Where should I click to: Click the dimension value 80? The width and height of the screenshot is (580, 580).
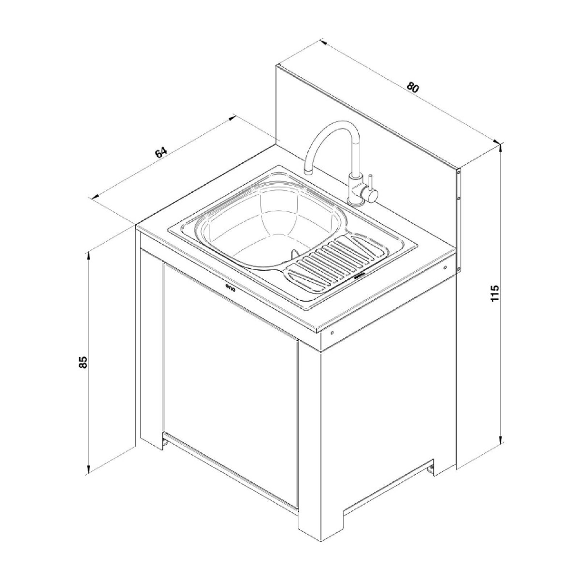tap(412, 87)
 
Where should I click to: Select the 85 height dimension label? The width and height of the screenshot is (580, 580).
tap(84, 362)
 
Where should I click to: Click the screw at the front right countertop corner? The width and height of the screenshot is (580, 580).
tap(332, 333)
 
